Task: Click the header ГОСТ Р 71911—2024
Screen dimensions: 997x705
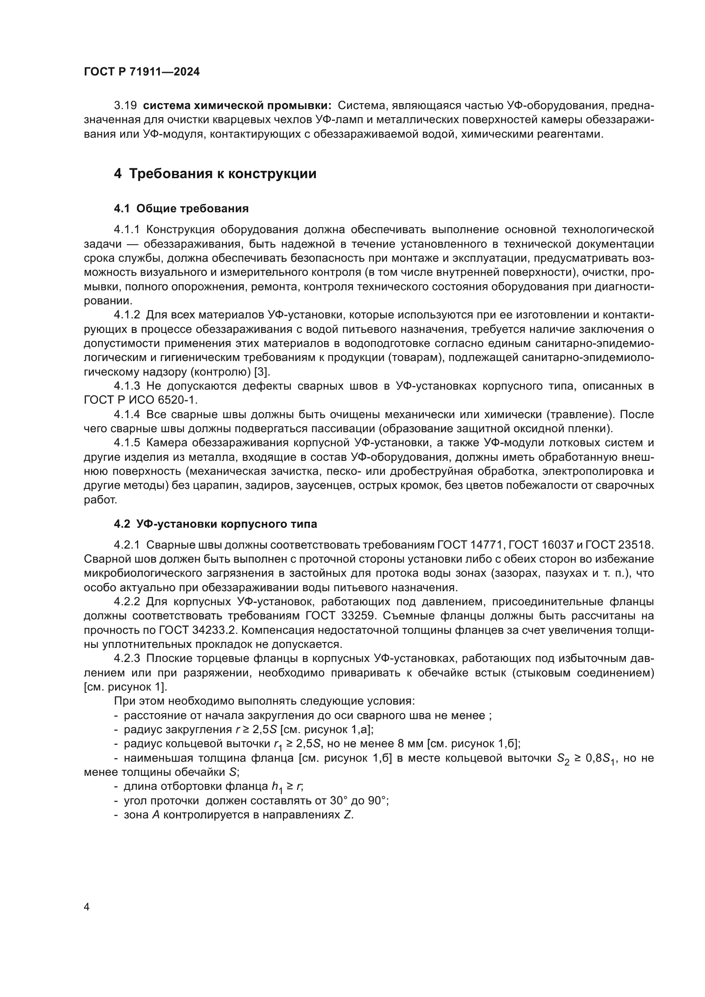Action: coord(142,72)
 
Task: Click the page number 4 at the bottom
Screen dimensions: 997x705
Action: coord(87,907)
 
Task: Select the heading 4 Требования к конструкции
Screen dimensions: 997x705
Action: coord(215,173)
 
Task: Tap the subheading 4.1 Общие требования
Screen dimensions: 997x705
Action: coord(181,209)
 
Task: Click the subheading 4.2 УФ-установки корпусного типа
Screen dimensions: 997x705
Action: coord(215,524)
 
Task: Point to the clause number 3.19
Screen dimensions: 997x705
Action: coord(125,106)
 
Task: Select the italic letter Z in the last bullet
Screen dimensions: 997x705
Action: coord(347,815)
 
